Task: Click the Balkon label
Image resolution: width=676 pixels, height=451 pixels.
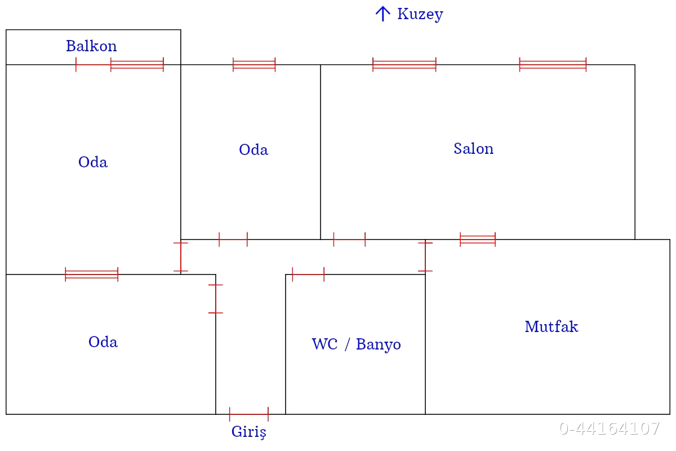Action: pos(91,46)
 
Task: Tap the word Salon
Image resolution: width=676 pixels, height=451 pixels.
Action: pos(473,149)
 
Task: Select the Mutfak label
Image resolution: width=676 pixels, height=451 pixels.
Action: pos(551,327)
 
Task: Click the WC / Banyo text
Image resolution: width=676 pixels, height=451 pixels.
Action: pos(356,344)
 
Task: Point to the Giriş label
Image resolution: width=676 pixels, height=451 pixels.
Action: pos(248,432)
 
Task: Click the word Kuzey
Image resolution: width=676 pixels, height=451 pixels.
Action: pos(420,14)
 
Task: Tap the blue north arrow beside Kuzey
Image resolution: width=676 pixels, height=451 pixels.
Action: pos(383,14)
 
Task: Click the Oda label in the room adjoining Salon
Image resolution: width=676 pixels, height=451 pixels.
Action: pos(253,150)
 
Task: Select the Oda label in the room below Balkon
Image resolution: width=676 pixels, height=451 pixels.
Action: pos(93,162)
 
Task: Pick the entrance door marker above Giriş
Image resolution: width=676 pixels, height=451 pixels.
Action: pos(248,414)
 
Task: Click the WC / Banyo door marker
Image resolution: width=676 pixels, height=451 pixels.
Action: pos(308,275)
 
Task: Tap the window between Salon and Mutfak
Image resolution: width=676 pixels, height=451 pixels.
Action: pos(478,240)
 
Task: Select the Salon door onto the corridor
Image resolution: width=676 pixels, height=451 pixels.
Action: pos(349,240)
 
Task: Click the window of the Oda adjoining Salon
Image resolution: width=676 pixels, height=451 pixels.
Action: pos(254,64)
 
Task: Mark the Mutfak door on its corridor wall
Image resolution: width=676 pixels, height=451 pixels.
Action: pos(425,257)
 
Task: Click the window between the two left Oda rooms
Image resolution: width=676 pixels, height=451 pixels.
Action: pos(92,275)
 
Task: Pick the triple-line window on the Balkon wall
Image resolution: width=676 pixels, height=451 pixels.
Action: pos(137,64)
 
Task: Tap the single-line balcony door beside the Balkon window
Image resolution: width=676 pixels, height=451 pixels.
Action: pos(94,65)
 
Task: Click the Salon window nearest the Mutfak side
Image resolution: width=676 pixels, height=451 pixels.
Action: pos(553,64)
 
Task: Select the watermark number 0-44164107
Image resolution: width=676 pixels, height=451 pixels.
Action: pos(609,428)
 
